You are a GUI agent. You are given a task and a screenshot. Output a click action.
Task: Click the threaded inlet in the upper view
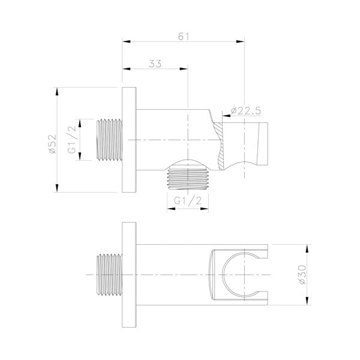point(109,140)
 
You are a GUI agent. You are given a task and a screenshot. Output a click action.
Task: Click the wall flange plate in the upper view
point(130,140)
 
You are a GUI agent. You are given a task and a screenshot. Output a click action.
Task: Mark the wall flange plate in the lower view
point(130,275)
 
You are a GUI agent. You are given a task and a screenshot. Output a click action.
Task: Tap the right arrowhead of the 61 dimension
point(242,41)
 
